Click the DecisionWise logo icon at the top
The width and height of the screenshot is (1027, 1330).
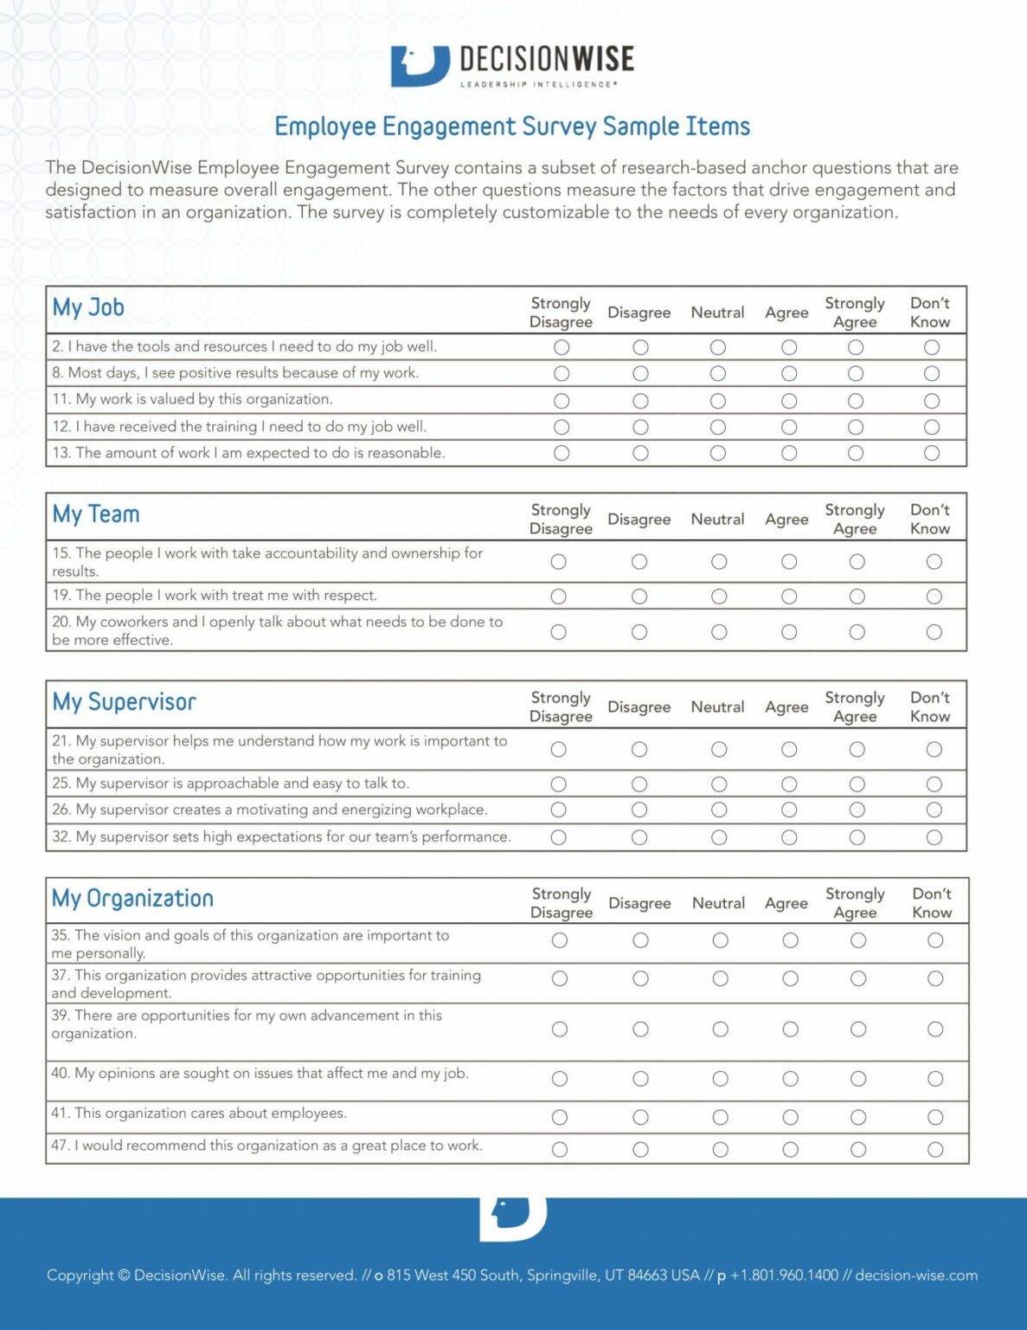pos(420,66)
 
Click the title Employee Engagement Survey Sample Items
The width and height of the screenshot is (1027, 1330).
pos(512,126)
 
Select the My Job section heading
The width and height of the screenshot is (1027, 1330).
pos(88,307)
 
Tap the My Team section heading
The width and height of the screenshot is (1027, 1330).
pos(96,514)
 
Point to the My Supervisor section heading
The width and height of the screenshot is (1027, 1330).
pos(125,702)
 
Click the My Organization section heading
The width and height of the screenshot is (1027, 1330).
pos(132,899)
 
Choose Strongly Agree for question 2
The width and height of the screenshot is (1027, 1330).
pos(856,347)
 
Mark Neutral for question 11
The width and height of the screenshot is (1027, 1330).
pos(718,401)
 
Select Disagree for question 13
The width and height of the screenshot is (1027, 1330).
pos(640,453)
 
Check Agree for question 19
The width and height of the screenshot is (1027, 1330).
pos(789,597)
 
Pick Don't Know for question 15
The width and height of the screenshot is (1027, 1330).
pos(934,562)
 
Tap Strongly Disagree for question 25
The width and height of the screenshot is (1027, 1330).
pos(559,784)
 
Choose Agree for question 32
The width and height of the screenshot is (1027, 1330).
pos(789,837)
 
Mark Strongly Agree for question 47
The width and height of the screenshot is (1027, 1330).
pos(858,1150)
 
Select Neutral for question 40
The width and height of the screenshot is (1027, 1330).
pos(721,1079)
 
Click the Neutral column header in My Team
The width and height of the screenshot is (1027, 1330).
pos(717,520)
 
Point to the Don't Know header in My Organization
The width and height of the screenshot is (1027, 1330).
pos(932,903)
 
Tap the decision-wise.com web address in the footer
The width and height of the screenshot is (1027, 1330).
pos(916,1275)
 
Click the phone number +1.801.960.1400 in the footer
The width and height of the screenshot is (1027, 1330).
pos(785,1275)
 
